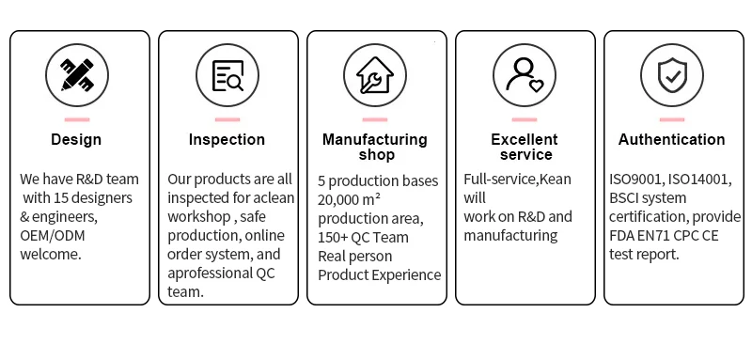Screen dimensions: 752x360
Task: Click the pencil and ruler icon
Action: tap(77, 75)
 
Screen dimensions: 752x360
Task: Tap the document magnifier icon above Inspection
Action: tap(227, 75)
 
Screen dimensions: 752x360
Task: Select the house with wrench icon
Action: tap(375, 75)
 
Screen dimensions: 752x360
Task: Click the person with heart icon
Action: tap(525, 75)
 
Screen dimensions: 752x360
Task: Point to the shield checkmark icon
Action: tap(672, 75)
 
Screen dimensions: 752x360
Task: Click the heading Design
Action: tap(76, 139)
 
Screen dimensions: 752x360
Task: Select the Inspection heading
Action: tap(227, 139)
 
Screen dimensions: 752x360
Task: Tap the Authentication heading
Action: tap(671, 139)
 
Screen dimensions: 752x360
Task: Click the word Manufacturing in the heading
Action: tap(375, 139)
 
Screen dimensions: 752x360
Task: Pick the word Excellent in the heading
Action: tap(525, 139)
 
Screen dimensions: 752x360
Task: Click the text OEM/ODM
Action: tap(53, 236)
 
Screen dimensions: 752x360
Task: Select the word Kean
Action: tap(556, 180)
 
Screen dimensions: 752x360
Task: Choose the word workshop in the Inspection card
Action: tap(198, 217)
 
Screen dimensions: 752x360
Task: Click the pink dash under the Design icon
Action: tap(77, 119)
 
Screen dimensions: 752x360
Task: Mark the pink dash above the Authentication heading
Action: tap(672, 119)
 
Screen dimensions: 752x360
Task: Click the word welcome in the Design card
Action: tap(50, 255)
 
